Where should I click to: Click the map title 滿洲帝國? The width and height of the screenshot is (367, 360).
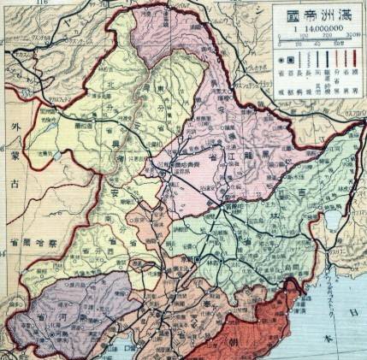[x=318, y=14]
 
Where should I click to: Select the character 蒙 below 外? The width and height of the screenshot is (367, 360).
[x=11, y=181]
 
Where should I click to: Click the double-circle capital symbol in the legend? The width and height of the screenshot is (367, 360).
[x=275, y=59]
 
